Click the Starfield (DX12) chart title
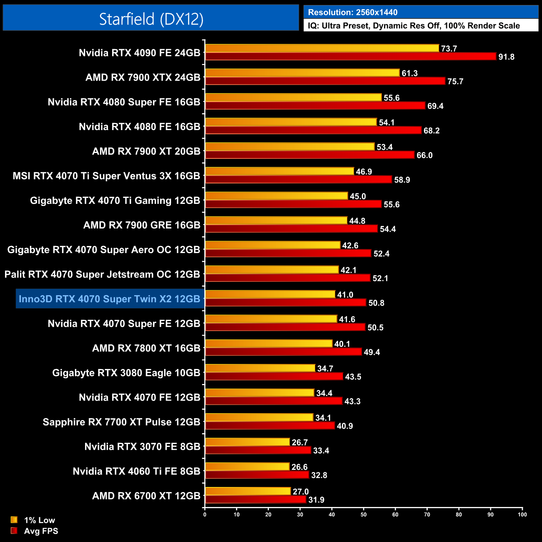151,19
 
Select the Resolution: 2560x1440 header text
353,12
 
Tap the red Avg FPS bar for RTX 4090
350,57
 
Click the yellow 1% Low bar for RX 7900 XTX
302,73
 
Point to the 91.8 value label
506,57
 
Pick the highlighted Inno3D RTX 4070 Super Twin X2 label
110,299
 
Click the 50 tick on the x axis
364,514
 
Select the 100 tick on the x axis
522,514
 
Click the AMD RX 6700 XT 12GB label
146,496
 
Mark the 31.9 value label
316,500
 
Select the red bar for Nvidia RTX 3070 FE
258,450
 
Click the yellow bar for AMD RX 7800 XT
269,344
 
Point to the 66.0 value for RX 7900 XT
424,156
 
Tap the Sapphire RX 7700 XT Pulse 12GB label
121,422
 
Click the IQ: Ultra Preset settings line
414,26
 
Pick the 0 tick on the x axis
205,514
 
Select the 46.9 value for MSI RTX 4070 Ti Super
364,172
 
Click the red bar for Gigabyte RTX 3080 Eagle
274,376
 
